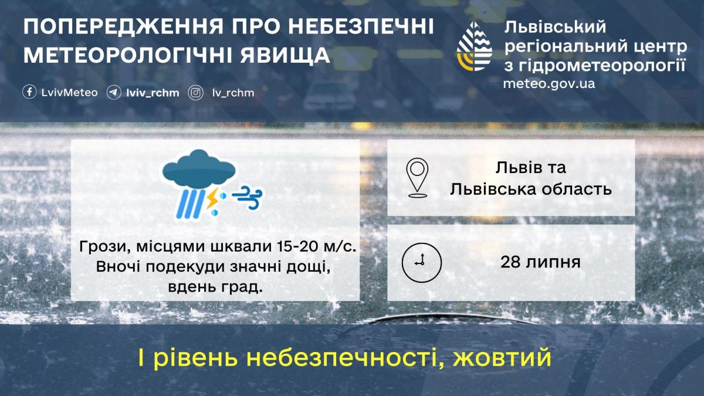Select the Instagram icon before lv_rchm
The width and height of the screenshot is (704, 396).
[x=195, y=93]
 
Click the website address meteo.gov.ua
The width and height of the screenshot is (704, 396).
[x=549, y=83]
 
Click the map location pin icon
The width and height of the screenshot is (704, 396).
[x=417, y=177]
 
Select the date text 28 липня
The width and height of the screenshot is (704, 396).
[x=540, y=262]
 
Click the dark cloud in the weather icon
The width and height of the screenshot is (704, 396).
[x=199, y=167]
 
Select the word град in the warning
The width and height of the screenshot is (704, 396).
[x=243, y=287]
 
